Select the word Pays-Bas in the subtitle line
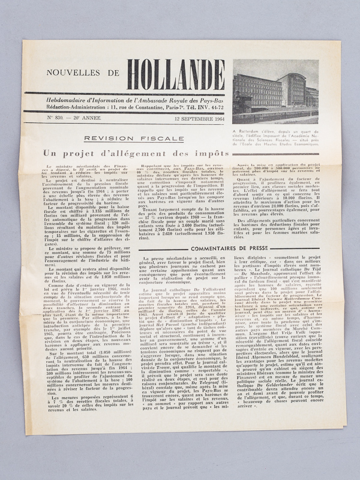coord(211,99)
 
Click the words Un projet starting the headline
coord(63,154)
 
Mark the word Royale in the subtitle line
coord(187,99)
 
